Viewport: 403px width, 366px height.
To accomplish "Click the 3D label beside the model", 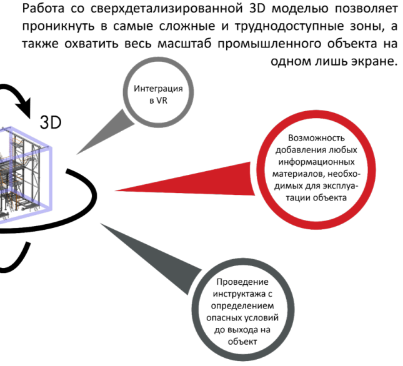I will click(x=51, y=121).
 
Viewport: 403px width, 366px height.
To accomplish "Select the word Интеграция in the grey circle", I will click(x=154, y=88).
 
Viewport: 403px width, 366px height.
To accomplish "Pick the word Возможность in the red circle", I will click(x=317, y=137).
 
